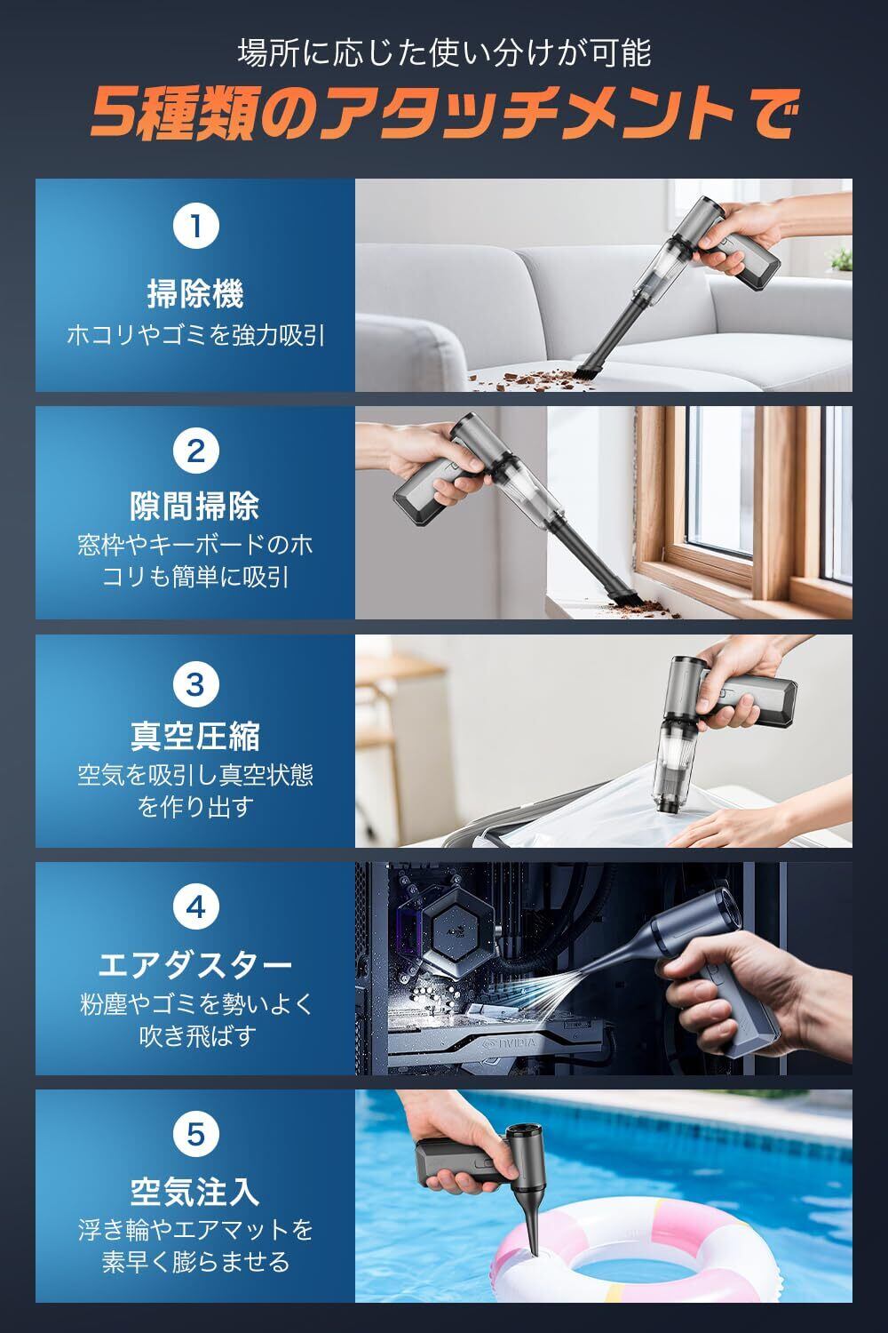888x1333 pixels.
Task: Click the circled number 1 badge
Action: click(195, 226)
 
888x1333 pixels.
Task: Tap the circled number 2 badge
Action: click(195, 451)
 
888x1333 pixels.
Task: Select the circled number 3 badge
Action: click(195, 684)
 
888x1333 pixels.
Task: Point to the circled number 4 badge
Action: click(195, 908)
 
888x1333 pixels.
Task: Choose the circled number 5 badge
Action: click(195, 1135)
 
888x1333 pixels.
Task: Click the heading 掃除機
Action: click(195, 294)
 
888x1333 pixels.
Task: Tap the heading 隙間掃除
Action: click(195, 507)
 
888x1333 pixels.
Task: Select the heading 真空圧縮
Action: click(195, 736)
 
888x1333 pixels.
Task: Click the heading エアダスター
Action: click(195, 965)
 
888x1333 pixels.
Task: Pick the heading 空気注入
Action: click(195, 1192)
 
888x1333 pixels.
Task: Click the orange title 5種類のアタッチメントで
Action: click(443, 113)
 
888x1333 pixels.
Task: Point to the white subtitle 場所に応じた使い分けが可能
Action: click(444, 53)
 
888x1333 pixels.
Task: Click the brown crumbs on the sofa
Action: click(529, 379)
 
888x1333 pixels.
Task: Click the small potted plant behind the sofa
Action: click(840, 262)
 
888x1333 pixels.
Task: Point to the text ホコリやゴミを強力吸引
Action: click(195, 336)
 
